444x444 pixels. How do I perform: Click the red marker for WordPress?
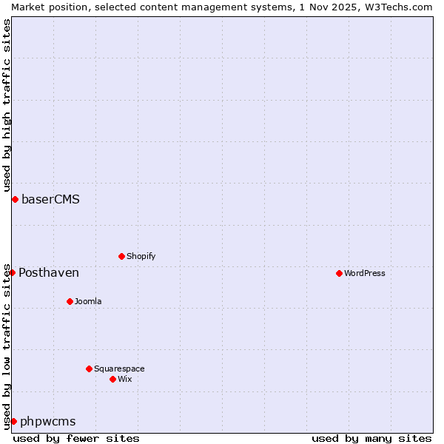click(339, 273)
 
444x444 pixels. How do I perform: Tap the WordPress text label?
click(365, 273)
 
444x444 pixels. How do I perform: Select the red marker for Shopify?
click(121, 256)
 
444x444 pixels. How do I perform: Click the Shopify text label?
click(141, 256)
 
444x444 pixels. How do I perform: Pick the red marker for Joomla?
click(70, 301)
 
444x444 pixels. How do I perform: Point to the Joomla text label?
click(88, 301)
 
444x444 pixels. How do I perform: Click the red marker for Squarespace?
click(89, 369)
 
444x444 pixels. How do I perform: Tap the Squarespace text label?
click(119, 369)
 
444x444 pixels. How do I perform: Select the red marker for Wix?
click(112, 379)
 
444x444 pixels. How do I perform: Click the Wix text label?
click(125, 379)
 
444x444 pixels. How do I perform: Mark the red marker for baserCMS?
click(15, 199)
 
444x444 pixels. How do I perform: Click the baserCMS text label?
click(50, 199)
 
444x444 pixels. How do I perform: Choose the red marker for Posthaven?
click(12, 272)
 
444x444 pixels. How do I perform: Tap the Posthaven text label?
click(49, 273)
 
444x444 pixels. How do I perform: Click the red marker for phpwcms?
click(13, 421)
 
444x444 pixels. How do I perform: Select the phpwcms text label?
click(48, 422)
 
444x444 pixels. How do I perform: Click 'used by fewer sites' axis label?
click(76, 438)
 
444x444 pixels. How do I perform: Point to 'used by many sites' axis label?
click(371, 438)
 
